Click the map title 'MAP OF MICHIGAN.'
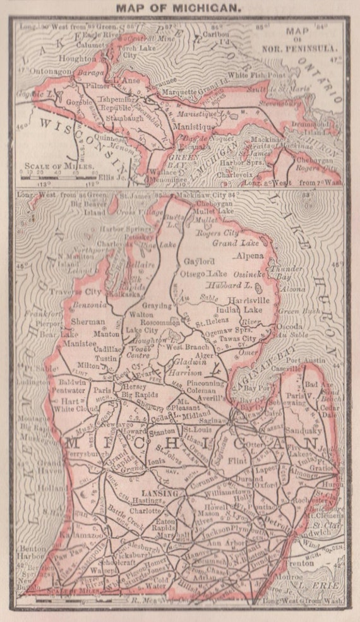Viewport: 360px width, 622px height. [x=179, y=8]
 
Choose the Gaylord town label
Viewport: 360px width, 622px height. [x=196, y=261]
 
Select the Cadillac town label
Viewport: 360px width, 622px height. [x=92, y=348]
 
